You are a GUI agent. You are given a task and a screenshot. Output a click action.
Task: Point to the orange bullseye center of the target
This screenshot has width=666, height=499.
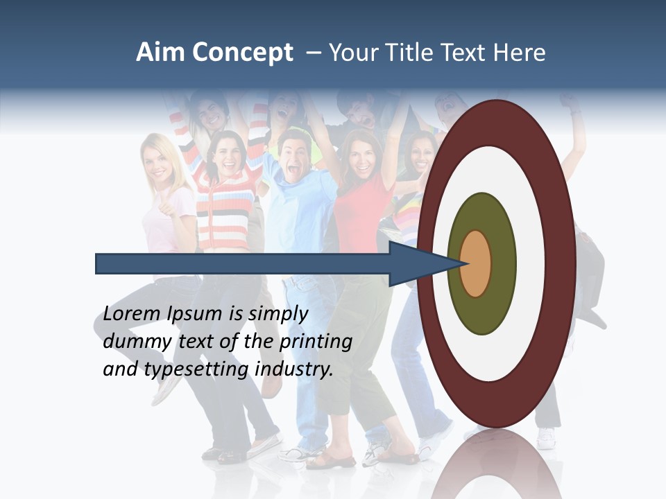(475, 263)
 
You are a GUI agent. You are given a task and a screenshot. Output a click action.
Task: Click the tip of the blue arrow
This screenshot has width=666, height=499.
(462, 263)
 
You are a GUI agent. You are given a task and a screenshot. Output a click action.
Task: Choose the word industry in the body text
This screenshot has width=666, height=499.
(294, 369)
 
